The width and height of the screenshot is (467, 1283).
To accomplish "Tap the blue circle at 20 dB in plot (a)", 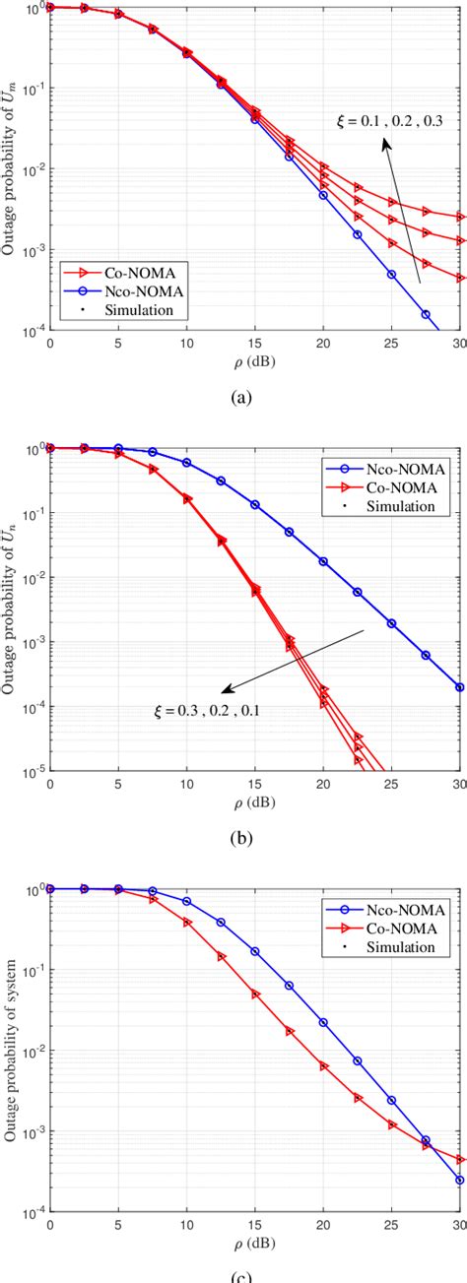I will tap(323, 195).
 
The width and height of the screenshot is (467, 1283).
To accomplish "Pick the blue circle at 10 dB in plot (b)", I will tap(187, 462).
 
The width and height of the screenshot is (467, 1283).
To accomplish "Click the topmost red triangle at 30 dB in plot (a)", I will tap(460, 217).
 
